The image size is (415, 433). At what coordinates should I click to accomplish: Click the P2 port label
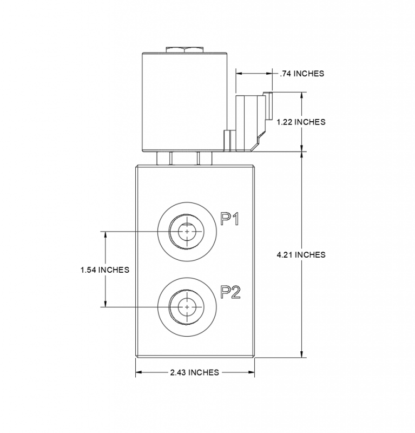(x=230, y=292)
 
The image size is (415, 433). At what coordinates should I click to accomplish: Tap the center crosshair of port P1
(x=187, y=232)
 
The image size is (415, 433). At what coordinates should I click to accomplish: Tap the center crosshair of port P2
(x=187, y=307)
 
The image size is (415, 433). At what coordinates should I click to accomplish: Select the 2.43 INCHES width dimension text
(x=194, y=372)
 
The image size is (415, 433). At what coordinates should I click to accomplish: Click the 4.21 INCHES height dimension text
(x=301, y=254)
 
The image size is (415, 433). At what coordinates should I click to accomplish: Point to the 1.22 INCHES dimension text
(x=301, y=122)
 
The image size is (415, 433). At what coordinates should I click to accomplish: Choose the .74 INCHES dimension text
(x=302, y=73)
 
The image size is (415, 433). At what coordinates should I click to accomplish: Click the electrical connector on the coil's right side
(x=250, y=122)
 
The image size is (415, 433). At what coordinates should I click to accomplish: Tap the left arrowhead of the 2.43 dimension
(x=138, y=372)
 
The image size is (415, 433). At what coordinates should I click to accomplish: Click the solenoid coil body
(x=183, y=102)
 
